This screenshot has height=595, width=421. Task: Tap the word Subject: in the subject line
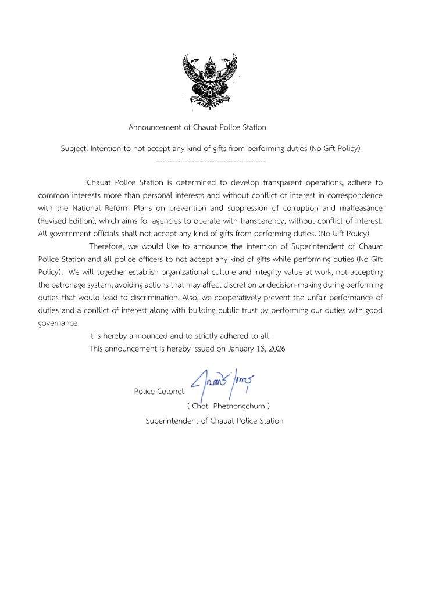[74, 149]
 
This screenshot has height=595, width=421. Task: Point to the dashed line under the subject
[211, 160]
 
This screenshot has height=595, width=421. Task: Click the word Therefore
[108, 247]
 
